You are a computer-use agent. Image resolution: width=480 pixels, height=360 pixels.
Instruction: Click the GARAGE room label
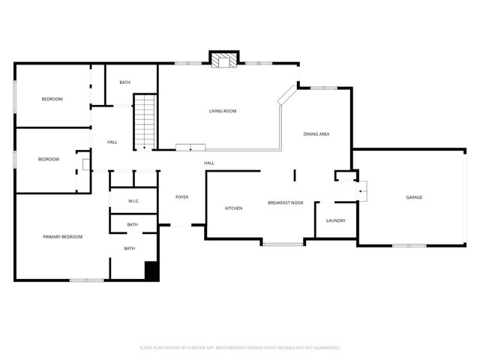pos(414,197)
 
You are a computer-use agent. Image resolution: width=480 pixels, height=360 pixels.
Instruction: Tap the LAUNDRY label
pos(335,220)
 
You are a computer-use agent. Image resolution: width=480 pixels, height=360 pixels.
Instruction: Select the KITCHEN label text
pos(233,208)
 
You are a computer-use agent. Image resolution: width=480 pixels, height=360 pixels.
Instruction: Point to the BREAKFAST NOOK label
pos(286,202)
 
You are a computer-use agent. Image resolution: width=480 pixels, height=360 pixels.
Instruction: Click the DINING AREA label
pos(316,134)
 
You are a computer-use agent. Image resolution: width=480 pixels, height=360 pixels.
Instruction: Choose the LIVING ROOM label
pos(223,111)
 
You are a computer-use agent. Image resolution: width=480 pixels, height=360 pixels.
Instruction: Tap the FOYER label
pos(182,197)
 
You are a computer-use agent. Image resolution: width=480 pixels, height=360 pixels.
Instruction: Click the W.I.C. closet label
pos(133,201)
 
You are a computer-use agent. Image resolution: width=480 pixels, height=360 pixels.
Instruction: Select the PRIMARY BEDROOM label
pos(62,237)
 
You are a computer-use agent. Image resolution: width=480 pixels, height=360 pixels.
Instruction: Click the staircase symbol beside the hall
pos(144,121)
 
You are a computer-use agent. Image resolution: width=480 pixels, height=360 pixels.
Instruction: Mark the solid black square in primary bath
pos(151,271)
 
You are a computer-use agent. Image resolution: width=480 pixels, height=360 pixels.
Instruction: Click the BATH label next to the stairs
pos(124,82)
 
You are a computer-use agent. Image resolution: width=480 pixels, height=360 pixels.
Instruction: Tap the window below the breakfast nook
pos(283,243)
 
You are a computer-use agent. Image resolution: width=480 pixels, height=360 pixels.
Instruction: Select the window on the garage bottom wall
pos(409,245)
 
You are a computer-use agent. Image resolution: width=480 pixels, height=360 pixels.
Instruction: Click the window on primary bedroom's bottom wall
pos(86,280)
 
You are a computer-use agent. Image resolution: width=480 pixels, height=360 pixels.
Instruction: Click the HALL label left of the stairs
pos(112,142)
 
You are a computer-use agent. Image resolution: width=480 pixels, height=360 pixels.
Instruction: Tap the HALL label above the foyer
pos(209,163)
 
